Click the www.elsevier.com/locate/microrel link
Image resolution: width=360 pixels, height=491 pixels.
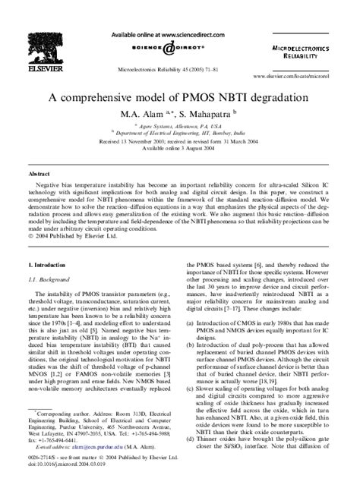(x=302, y=77)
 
